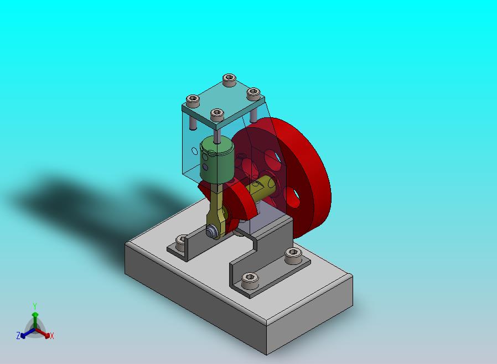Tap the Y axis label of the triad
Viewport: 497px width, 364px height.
pos(35,306)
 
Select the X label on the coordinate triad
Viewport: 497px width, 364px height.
pos(52,336)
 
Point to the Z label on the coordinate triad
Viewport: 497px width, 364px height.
pos(18,335)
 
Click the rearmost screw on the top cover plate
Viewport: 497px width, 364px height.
pos(229,80)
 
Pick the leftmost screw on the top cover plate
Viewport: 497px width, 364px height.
pos(193,101)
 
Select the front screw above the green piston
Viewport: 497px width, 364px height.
pos(217,115)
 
